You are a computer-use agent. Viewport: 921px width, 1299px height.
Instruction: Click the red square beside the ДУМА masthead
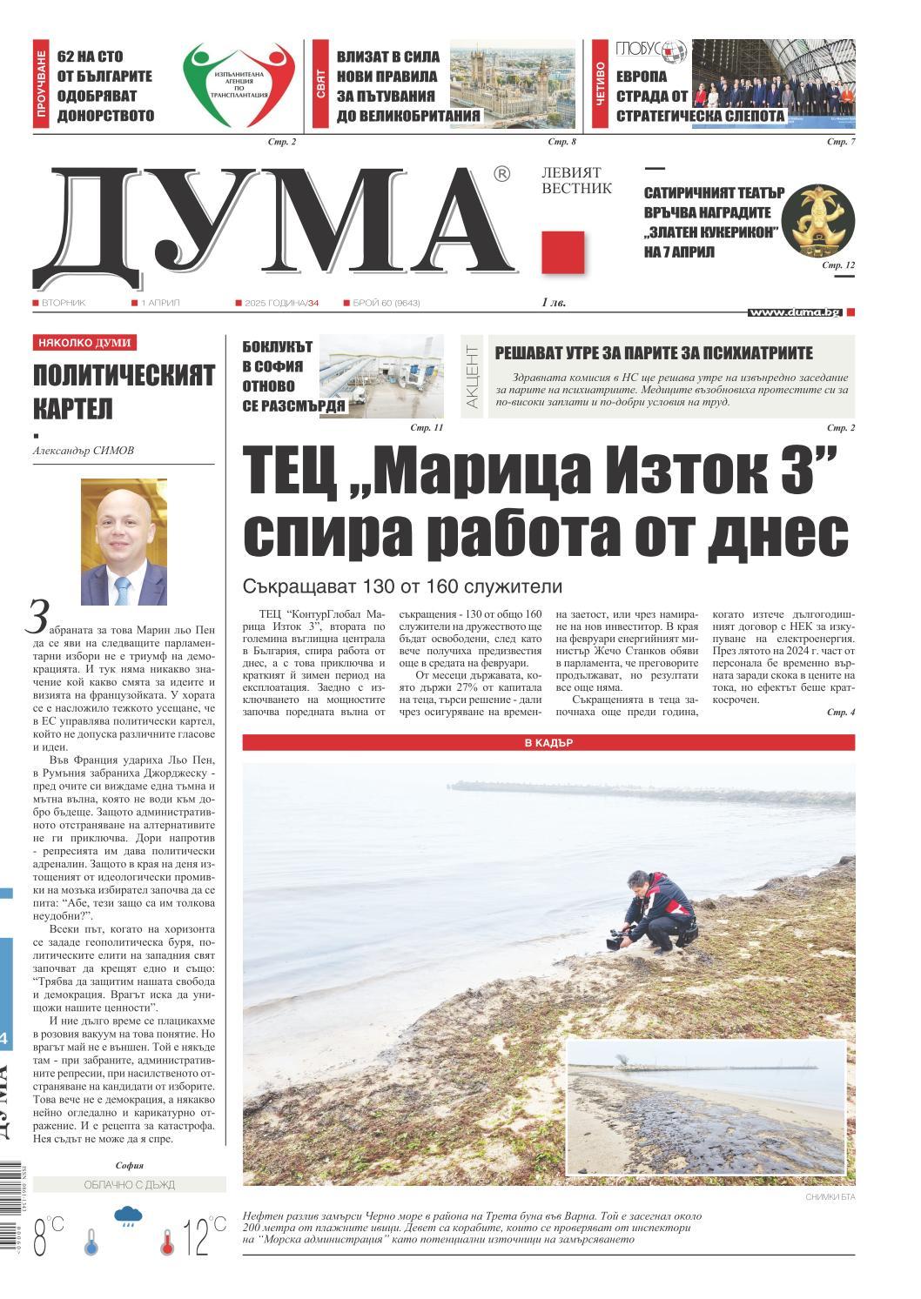(562, 252)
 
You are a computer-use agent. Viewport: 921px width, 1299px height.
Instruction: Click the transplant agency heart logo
(238, 85)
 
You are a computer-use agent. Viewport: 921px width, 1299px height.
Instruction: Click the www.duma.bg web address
(794, 311)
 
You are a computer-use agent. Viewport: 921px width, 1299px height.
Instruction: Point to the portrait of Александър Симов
(124, 541)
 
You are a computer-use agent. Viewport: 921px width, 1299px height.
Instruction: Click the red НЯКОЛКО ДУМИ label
(84, 343)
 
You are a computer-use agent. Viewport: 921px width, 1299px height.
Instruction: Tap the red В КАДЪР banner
(548, 743)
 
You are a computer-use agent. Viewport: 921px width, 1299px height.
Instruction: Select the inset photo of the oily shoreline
(706, 1107)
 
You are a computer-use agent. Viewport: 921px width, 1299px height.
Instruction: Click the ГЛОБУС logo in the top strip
(650, 50)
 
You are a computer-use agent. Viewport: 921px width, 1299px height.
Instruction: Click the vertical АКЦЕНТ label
(472, 376)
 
